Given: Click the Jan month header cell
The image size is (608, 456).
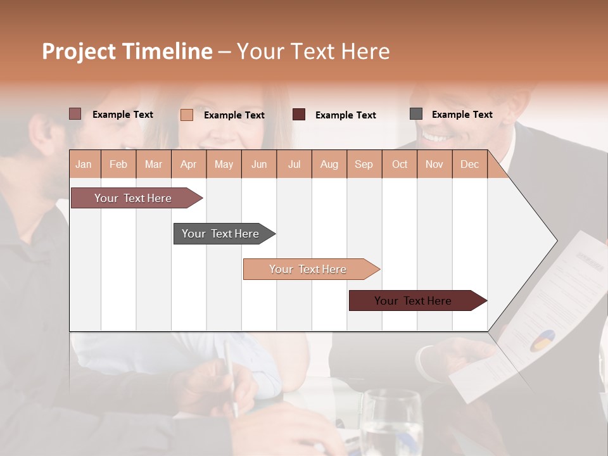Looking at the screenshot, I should coord(84,164).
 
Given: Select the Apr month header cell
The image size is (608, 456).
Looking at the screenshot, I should coord(189,164).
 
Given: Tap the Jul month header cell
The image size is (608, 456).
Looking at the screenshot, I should coord(294,164).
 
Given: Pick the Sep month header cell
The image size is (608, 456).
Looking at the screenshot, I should coord(364,164).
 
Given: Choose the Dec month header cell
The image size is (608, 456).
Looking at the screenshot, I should coord(469,164).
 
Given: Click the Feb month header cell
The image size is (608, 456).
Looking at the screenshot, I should coord(118,164).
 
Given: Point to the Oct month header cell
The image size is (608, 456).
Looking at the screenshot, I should coord(400,164).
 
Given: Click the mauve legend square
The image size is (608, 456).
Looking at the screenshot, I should coord(75,114).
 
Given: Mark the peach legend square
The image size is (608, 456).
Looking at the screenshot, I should coord(186,115).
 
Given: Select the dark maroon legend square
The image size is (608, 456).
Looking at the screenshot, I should coord(299,114).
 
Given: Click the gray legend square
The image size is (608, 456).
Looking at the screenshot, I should coord(416,114).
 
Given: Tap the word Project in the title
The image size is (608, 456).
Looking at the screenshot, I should coord(79,51).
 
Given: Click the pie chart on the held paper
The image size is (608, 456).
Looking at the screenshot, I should coord(541,340).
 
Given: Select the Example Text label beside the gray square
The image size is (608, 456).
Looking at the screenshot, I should coord(462,115).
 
